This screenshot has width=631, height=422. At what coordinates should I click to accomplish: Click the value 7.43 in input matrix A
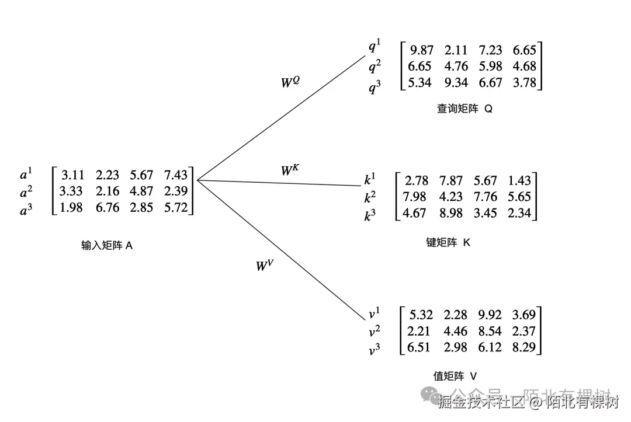pos(176,175)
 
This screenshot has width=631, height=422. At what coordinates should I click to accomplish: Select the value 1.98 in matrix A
pos(71,207)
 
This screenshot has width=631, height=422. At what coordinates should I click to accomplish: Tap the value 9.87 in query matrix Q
pos(422,50)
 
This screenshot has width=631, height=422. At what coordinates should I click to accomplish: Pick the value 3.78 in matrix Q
pos(524,82)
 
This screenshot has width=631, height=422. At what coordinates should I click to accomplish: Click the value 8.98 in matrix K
pos(450,213)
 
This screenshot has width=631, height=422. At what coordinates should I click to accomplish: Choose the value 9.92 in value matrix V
pos(489,315)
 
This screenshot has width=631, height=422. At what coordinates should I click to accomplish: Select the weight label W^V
pos(265,266)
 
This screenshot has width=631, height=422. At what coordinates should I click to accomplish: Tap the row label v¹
pos(375,314)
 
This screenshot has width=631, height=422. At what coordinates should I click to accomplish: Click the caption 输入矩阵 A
pos(107,246)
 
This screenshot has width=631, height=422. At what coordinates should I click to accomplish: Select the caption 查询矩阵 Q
pos(464,109)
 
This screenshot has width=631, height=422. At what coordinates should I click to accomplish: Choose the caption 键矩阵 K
pos(448,242)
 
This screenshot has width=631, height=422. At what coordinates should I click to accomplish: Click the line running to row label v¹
pos(280,250)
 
